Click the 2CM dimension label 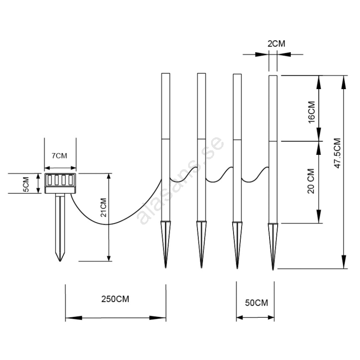point(276,44)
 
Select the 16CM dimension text point(311,112)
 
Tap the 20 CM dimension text point(311,181)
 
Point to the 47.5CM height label point(337,153)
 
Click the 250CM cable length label point(115,299)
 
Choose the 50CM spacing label point(256,303)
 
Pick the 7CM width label point(59,156)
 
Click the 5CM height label point(27,184)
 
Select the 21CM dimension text point(103,207)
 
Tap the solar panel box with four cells point(60,183)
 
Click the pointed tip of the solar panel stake point(60,261)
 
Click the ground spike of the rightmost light point(273,246)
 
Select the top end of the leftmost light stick point(166,73)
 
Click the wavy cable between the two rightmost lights point(255,175)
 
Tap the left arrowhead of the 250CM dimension point(74,318)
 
